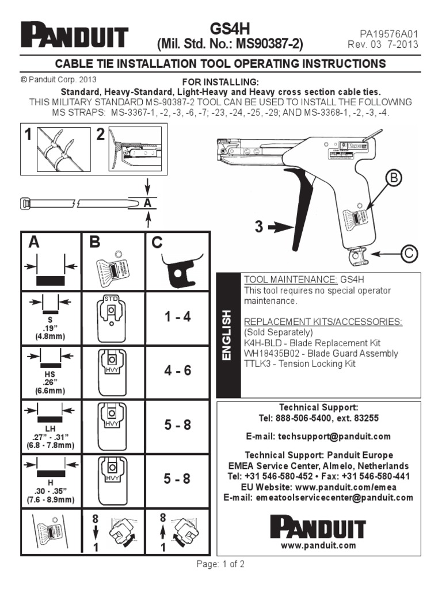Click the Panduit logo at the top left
(x=75, y=36)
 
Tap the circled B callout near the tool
(x=394, y=179)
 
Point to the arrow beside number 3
(x=280, y=228)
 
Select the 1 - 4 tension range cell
(x=177, y=317)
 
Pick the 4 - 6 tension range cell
(x=177, y=371)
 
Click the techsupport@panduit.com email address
(x=318, y=437)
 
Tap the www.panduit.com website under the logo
(x=318, y=545)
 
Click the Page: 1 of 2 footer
(x=220, y=564)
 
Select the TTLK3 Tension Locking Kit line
(x=300, y=364)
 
